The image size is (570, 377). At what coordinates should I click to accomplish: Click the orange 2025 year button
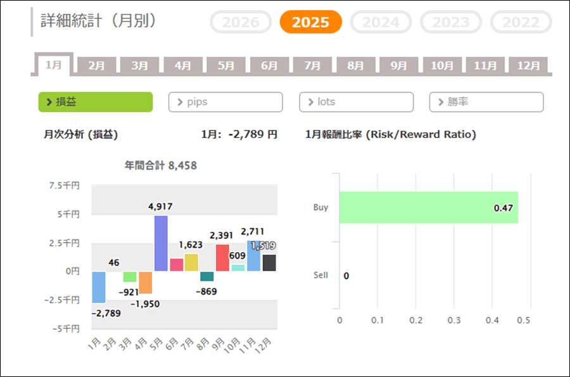[310, 22]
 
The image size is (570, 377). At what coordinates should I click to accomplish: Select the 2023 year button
[450, 22]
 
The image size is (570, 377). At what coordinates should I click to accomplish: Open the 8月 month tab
[355, 65]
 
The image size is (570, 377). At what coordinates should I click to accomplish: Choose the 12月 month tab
[528, 65]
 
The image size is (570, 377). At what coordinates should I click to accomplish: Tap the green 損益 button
[95, 102]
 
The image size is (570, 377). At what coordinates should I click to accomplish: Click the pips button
[225, 102]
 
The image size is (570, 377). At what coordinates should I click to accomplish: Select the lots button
[356, 102]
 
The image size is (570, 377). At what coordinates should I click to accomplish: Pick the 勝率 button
[486, 102]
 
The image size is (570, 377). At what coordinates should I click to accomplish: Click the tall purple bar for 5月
[161, 243]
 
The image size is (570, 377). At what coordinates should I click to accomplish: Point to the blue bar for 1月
[99, 287]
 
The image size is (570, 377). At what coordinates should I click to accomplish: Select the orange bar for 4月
[146, 283]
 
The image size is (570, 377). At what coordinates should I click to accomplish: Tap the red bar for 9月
[222, 258]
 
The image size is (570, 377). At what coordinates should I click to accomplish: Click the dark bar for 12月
[269, 263]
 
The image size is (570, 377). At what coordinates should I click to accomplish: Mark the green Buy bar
[428, 207]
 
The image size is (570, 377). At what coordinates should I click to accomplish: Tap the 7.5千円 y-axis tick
[66, 186]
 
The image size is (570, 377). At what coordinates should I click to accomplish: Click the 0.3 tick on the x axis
[454, 320]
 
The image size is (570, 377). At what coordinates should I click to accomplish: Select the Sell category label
[320, 276]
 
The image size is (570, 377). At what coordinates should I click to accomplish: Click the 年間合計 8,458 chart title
[160, 166]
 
